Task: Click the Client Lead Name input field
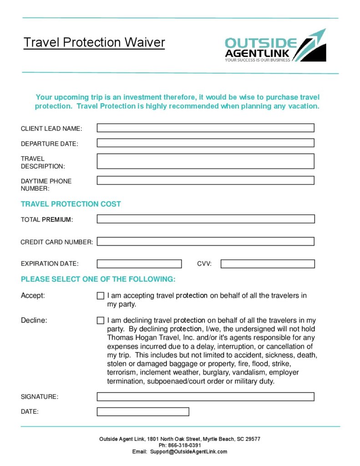point(205,128)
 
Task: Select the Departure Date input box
point(205,143)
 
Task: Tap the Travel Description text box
point(205,161)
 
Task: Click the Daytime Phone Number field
point(205,180)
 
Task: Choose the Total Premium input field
point(205,219)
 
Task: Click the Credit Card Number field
point(205,241)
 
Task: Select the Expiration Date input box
point(139,263)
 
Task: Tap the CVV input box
point(268,263)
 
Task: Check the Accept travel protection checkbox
point(101,296)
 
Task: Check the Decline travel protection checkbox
point(101,320)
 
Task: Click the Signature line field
point(205,396)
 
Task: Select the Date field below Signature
point(143,411)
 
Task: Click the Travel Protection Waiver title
point(94,43)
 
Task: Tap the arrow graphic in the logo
point(314,43)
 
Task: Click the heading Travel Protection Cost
point(71,204)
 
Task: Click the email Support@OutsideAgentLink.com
point(188,451)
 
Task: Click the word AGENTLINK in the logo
point(257,54)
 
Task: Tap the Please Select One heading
point(98,279)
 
